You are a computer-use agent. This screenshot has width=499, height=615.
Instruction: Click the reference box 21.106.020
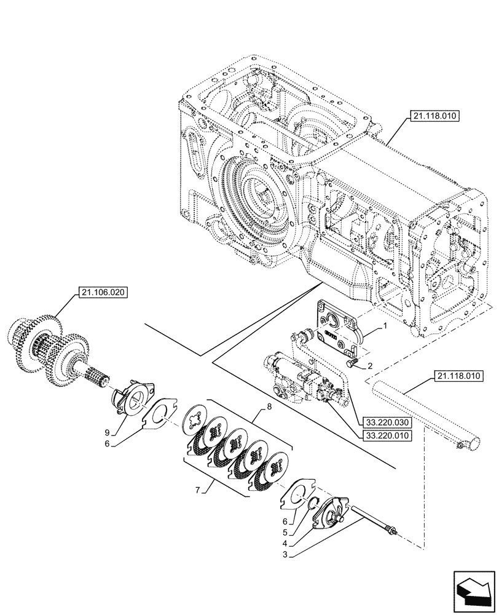pos(103,293)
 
